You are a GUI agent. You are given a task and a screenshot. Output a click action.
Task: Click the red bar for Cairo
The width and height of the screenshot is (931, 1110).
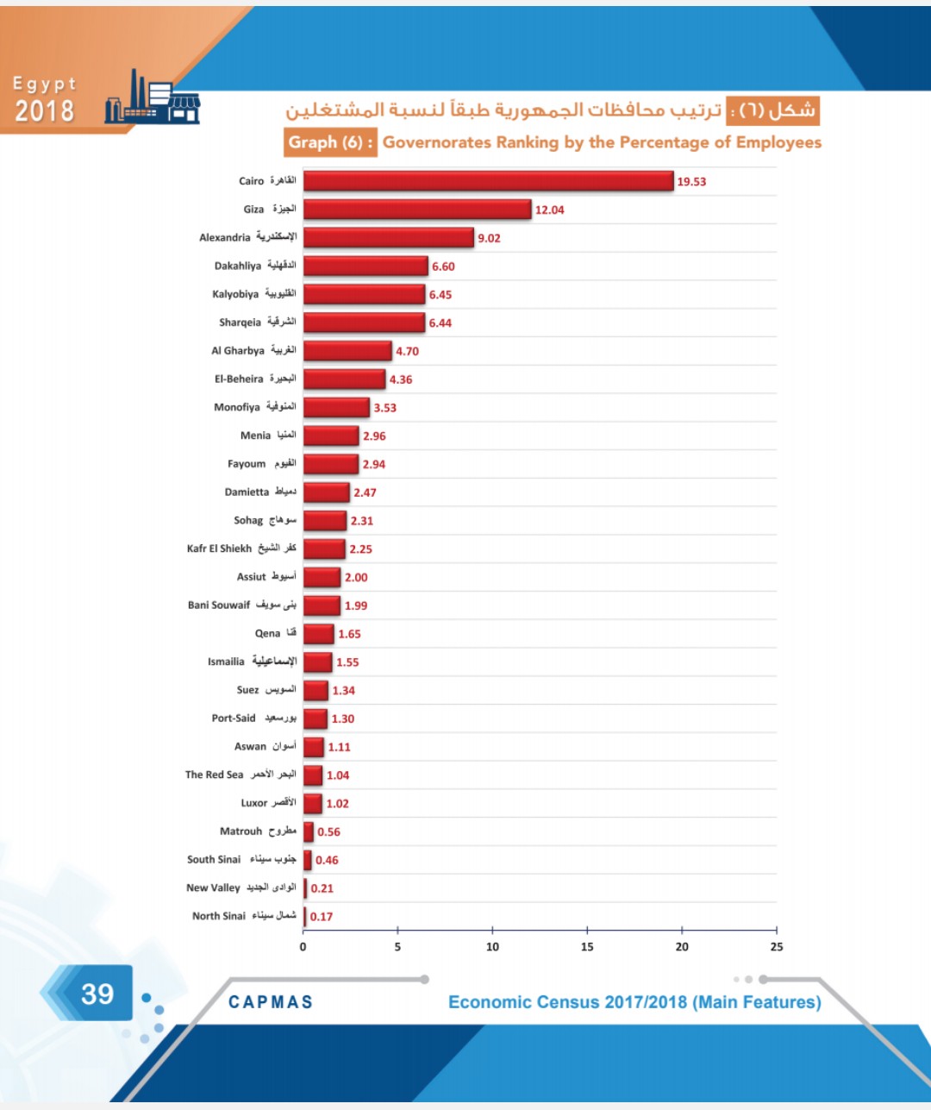tap(488, 181)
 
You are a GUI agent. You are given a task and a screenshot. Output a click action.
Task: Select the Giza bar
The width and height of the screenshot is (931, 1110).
tap(417, 210)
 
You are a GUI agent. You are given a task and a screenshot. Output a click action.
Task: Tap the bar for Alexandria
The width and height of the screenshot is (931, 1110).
tap(389, 238)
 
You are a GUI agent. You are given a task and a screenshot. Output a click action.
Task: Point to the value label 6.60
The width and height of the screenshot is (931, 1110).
tap(443, 267)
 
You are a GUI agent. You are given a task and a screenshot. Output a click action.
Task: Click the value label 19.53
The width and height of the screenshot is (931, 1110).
tap(691, 182)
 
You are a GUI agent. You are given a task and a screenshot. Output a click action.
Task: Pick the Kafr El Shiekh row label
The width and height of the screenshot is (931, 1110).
tap(241, 549)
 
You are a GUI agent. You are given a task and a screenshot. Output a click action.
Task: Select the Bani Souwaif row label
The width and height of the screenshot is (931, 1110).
tap(242, 605)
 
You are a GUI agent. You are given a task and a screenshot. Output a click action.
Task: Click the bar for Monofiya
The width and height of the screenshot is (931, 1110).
tap(336, 408)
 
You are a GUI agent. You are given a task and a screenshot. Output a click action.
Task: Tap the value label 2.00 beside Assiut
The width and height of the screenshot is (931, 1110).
tap(356, 578)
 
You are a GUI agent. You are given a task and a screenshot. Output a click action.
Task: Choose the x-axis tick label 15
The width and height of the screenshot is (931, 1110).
tap(587, 947)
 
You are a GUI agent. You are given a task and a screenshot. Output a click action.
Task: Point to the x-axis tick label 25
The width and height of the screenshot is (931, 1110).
tap(777, 947)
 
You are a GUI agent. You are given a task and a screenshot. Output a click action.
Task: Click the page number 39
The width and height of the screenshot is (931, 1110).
tap(97, 994)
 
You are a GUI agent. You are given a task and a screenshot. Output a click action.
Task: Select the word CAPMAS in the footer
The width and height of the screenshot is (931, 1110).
tap(271, 1002)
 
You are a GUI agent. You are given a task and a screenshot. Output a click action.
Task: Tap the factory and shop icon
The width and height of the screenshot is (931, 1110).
tap(153, 98)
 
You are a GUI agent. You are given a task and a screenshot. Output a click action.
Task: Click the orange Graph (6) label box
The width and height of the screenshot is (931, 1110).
tap(330, 142)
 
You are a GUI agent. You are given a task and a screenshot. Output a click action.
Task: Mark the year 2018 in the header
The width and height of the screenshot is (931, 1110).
tap(44, 111)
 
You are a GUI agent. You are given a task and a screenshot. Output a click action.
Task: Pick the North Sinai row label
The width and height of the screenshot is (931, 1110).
tap(244, 916)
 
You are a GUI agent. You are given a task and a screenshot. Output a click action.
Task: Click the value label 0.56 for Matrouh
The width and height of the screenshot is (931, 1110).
tap(328, 832)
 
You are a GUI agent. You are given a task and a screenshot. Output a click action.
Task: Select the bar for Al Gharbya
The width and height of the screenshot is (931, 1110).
tap(347, 351)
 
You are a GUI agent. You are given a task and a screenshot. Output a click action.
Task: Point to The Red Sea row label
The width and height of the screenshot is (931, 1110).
tap(241, 774)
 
